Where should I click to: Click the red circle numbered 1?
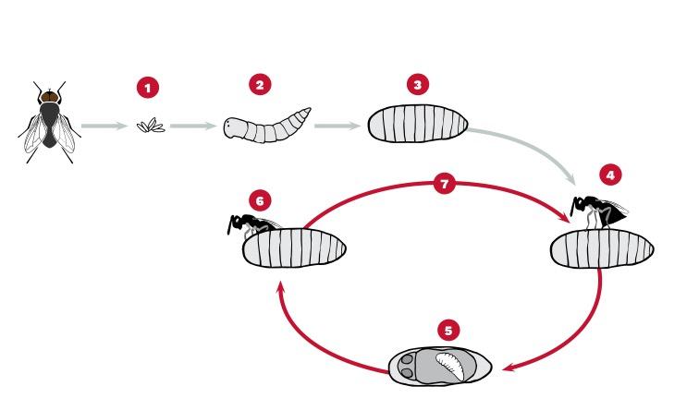click(147, 89)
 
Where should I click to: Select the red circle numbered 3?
click(418, 84)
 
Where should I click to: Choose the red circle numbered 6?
click(259, 198)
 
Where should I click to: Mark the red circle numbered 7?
click(445, 185)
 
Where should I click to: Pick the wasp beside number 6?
click(248, 224)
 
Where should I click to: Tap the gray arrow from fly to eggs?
click(104, 126)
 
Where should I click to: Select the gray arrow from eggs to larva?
click(192, 126)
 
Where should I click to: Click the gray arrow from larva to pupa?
click(337, 126)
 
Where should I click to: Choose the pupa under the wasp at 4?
click(602, 248)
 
